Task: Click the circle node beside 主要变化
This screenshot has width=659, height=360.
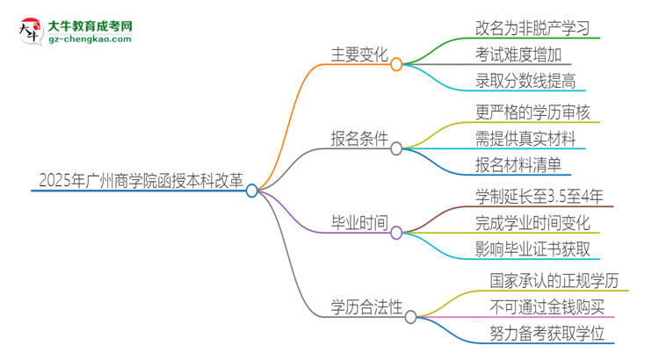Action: (x=396, y=63)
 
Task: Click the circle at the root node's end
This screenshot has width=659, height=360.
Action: (x=252, y=190)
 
